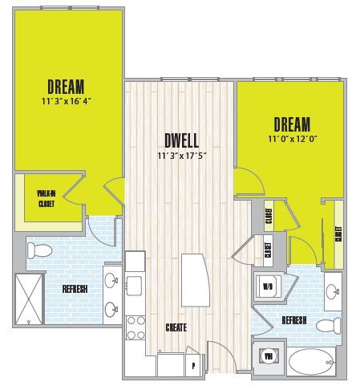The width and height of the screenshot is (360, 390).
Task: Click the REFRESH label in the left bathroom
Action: tap(75, 289)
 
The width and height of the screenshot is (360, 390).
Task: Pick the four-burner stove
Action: tap(136, 327)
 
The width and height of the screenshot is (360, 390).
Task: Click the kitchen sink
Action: tap(134, 284)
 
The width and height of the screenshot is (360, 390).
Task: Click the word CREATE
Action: tap(176, 327)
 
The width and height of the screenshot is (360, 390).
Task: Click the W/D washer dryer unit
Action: tap(267, 286)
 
